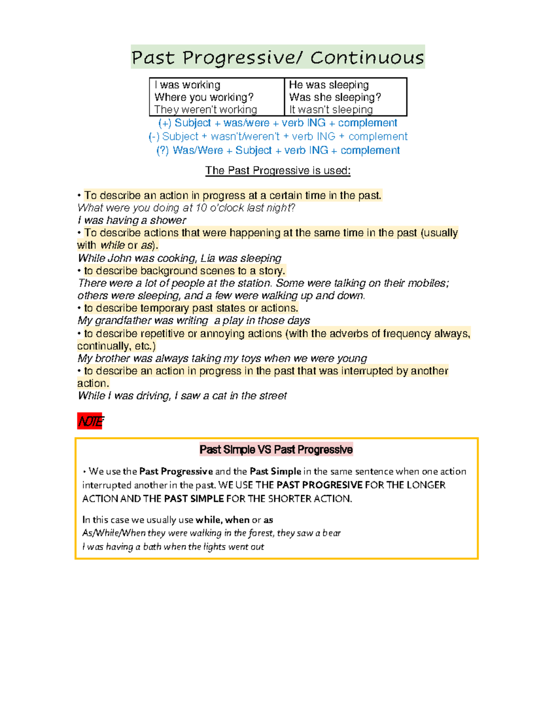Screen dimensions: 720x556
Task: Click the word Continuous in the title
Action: coord(367,57)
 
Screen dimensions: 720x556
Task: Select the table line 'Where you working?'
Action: coord(204,97)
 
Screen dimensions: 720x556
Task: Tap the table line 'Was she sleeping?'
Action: coord(335,97)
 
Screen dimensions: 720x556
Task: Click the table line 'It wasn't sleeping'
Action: coord(331,110)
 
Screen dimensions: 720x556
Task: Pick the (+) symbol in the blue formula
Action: coord(164,123)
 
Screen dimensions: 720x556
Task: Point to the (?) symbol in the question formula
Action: coord(163,151)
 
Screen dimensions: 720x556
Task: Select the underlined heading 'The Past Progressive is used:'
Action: coord(278,171)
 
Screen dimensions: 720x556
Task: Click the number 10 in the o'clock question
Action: coord(201,208)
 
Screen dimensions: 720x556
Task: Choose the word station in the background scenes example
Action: coord(255,283)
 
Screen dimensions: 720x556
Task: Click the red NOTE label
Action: coord(90,421)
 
